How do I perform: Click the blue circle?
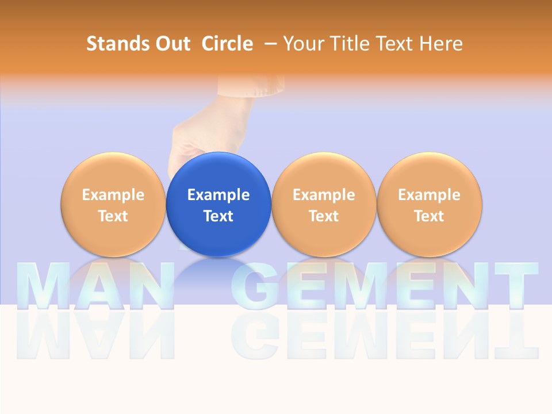(x=218, y=204)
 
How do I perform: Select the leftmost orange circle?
(x=113, y=204)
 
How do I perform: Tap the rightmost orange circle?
(x=429, y=204)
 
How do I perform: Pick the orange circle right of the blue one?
(x=324, y=204)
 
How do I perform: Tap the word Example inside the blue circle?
(x=218, y=195)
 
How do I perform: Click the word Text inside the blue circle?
(x=218, y=216)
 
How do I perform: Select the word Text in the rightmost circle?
(x=429, y=216)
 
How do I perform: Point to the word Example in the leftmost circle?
(x=113, y=195)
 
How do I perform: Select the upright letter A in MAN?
(x=94, y=286)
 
